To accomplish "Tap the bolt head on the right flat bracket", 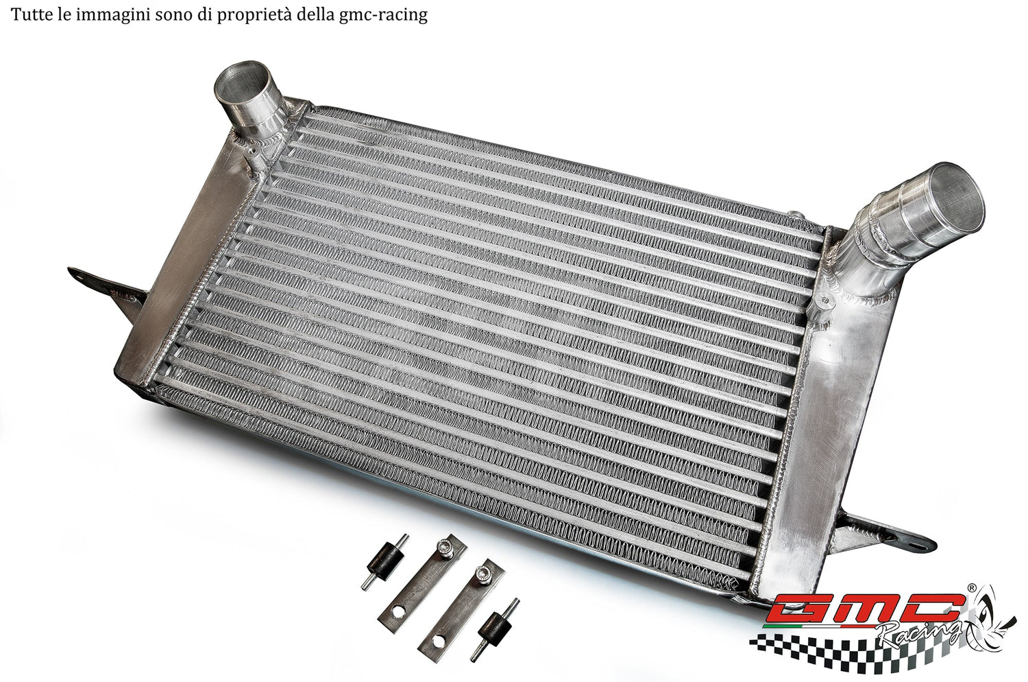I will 487,572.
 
